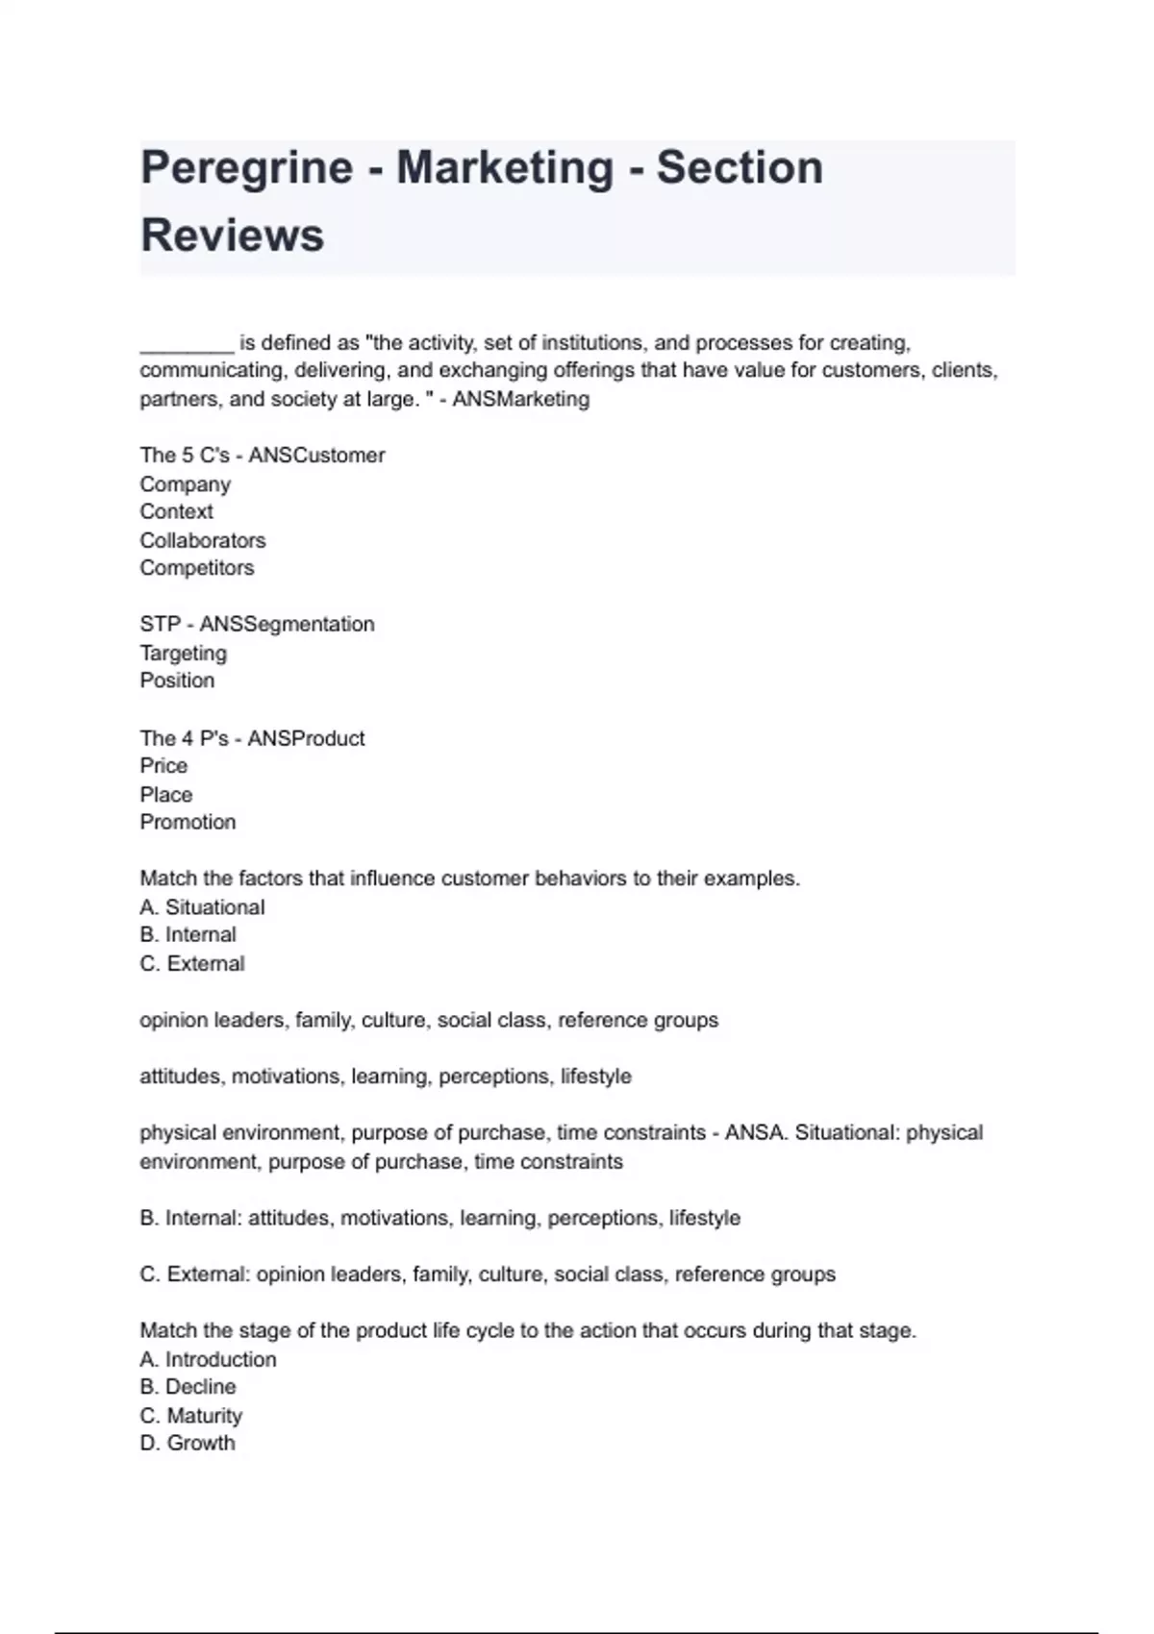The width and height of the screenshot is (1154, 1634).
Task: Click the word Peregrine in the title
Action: [246, 168]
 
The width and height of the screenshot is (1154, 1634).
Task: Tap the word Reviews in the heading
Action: [232, 235]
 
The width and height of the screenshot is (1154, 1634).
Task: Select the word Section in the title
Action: [740, 168]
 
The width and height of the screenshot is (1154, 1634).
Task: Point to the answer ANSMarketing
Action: [520, 399]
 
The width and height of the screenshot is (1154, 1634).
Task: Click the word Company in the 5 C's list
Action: [185, 484]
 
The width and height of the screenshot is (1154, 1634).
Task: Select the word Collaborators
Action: [202, 540]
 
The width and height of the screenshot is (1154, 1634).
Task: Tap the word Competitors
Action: [196, 568]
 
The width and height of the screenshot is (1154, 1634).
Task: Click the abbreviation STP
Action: [160, 625]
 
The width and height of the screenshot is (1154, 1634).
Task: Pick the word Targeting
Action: [183, 654]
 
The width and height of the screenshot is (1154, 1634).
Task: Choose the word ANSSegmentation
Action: [287, 625]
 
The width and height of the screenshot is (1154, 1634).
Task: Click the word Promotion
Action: [188, 823]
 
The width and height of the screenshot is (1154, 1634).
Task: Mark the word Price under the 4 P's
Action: [163, 766]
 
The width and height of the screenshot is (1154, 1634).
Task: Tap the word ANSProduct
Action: [306, 738]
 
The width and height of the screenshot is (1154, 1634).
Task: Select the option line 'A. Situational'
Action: [202, 907]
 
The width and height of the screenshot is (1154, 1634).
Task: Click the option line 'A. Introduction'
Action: [208, 1359]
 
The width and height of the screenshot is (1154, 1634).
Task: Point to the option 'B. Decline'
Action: [188, 1387]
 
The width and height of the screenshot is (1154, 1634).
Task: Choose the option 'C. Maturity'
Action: [190, 1416]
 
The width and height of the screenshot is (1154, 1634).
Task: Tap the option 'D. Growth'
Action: [187, 1444]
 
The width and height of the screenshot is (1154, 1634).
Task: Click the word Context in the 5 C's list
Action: [176, 512]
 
